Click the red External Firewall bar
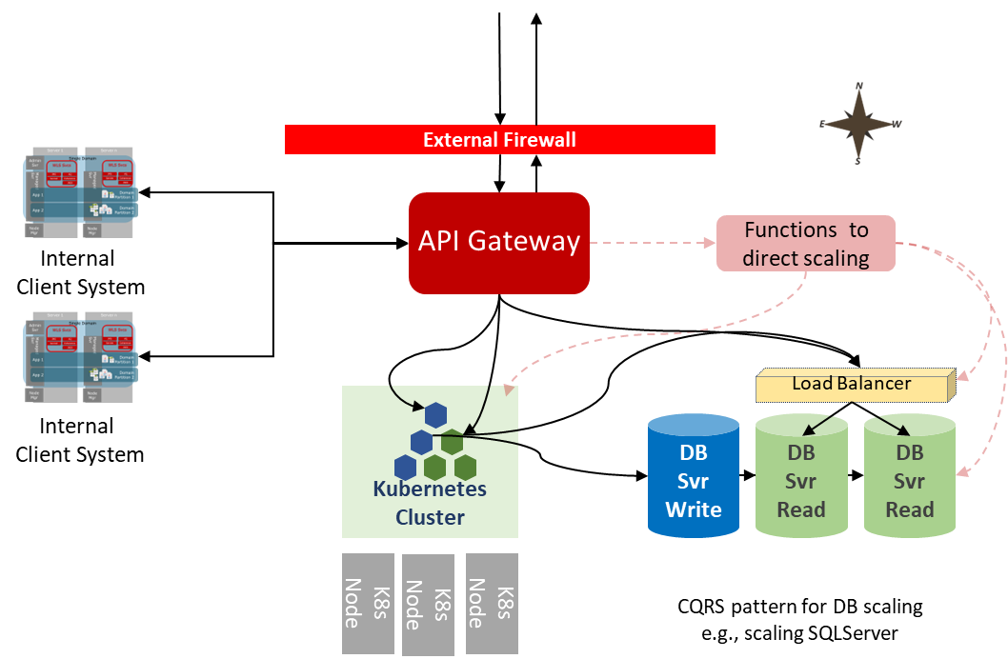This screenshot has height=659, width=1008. pyautogui.click(x=499, y=140)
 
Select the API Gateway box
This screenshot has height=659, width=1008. pyautogui.click(x=499, y=243)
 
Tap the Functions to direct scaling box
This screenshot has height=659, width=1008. pyautogui.click(x=806, y=244)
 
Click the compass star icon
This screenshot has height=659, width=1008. pyautogui.click(x=859, y=124)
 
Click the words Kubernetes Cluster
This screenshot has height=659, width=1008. pyautogui.click(x=430, y=504)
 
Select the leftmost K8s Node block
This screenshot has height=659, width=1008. pyautogui.click(x=368, y=603)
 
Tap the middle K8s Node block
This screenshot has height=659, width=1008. pyautogui.click(x=429, y=605)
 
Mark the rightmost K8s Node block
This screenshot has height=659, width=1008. pyautogui.click(x=492, y=603)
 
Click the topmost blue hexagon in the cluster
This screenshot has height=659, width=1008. pyautogui.click(x=436, y=415)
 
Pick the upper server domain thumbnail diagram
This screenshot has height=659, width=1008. pyautogui.click(x=80, y=192)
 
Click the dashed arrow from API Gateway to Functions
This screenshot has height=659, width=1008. pyautogui.click(x=653, y=244)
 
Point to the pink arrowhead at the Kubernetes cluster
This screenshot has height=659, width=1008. pyautogui.click(x=510, y=388)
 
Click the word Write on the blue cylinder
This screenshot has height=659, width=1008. pyautogui.click(x=694, y=509)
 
